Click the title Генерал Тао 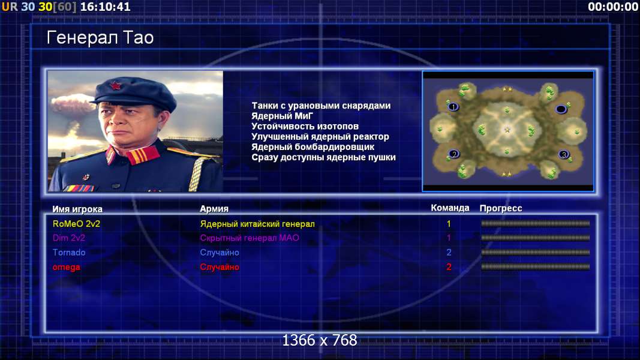pyautogui.click(x=100, y=38)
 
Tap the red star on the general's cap pyautogui.click(x=116, y=86)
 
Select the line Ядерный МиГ pyautogui.click(x=282, y=116)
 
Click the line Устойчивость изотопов pyautogui.click(x=305, y=126)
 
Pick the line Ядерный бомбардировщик pyautogui.click(x=313, y=146)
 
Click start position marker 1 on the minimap pyautogui.click(x=453, y=107)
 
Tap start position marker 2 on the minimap pyautogui.click(x=454, y=154)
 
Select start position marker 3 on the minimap pyautogui.click(x=564, y=154)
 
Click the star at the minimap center pyautogui.click(x=507, y=130)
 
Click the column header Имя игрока pyautogui.click(x=77, y=209)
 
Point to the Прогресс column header pyautogui.click(x=501, y=208)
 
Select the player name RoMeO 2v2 pyautogui.click(x=76, y=224)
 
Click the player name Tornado pyautogui.click(x=69, y=252)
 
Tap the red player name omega pyautogui.click(x=66, y=268)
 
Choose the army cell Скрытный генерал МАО pyautogui.click(x=250, y=238)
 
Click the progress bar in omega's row pyautogui.click(x=535, y=267)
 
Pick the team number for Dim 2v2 pyautogui.click(x=449, y=238)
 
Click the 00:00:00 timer pyautogui.click(x=613, y=7)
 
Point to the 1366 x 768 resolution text pyautogui.click(x=320, y=340)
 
